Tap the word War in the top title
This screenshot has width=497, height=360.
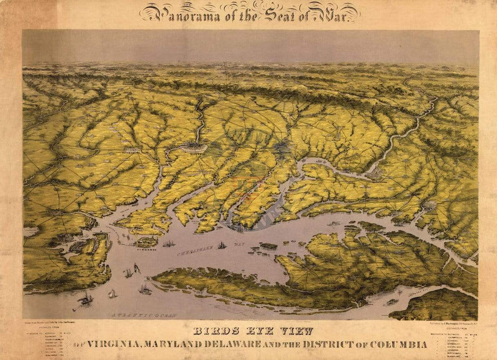click(x=338, y=12)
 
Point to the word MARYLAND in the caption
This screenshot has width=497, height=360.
click(x=198, y=343)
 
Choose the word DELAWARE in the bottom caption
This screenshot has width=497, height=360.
click(x=262, y=343)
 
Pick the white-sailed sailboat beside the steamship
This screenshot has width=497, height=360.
click(x=112, y=294)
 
